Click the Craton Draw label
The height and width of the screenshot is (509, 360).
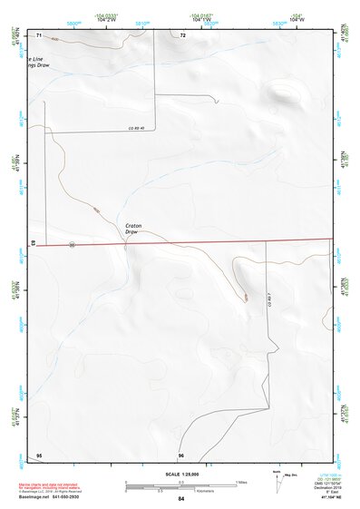point(133,228)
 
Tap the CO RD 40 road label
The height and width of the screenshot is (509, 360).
point(137,128)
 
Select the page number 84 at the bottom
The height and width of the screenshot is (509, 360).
point(180,499)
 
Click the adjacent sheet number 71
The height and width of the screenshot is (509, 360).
point(40,35)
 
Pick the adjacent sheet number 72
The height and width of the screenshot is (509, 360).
point(182,35)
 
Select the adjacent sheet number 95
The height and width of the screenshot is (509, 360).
point(39,455)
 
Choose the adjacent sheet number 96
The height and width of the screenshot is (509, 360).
point(181,455)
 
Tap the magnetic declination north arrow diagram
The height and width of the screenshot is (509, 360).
point(279,480)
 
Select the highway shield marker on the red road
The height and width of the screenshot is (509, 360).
point(70,243)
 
